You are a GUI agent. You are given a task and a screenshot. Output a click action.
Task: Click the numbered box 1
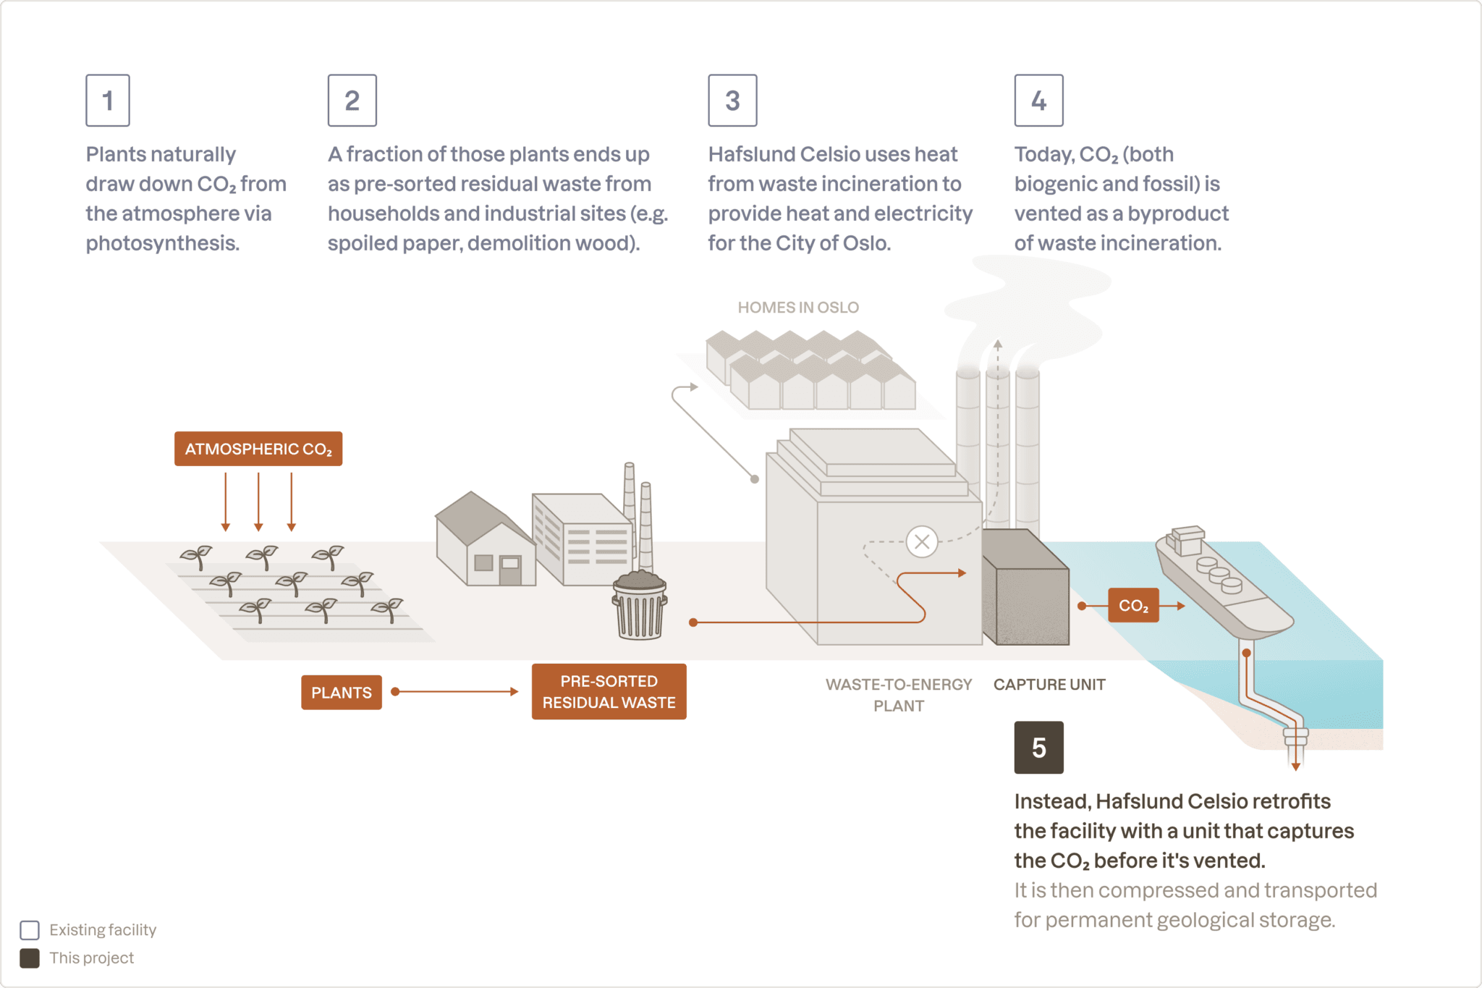(108, 101)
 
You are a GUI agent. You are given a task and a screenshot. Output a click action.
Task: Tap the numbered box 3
(732, 101)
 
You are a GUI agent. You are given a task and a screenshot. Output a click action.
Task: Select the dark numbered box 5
(1038, 748)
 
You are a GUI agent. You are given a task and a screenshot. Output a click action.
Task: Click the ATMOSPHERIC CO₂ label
(258, 449)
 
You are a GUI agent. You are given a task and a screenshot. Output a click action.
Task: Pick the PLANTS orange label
(341, 693)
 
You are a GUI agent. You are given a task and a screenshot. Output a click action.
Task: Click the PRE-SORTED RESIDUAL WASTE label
(609, 692)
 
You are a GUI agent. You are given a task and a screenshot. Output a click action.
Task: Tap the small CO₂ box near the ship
(1133, 606)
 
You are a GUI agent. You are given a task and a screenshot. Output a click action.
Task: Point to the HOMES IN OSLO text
(798, 308)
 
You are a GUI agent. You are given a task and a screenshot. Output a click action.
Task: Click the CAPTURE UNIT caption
(1049, 685)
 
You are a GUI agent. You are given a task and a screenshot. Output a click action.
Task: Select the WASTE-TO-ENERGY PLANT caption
(899, 695)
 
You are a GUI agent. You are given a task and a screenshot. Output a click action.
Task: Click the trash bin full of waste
(640, 606)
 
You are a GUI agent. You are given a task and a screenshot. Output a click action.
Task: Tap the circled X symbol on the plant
(922, 541)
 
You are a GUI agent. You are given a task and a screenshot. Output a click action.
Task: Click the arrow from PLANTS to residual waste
(456, 692)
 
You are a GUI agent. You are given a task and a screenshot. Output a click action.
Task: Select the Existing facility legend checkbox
(30, 930)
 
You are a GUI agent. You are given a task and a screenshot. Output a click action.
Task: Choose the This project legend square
(30, 958)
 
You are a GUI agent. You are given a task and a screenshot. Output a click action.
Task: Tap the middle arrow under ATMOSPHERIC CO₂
(258, 502)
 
